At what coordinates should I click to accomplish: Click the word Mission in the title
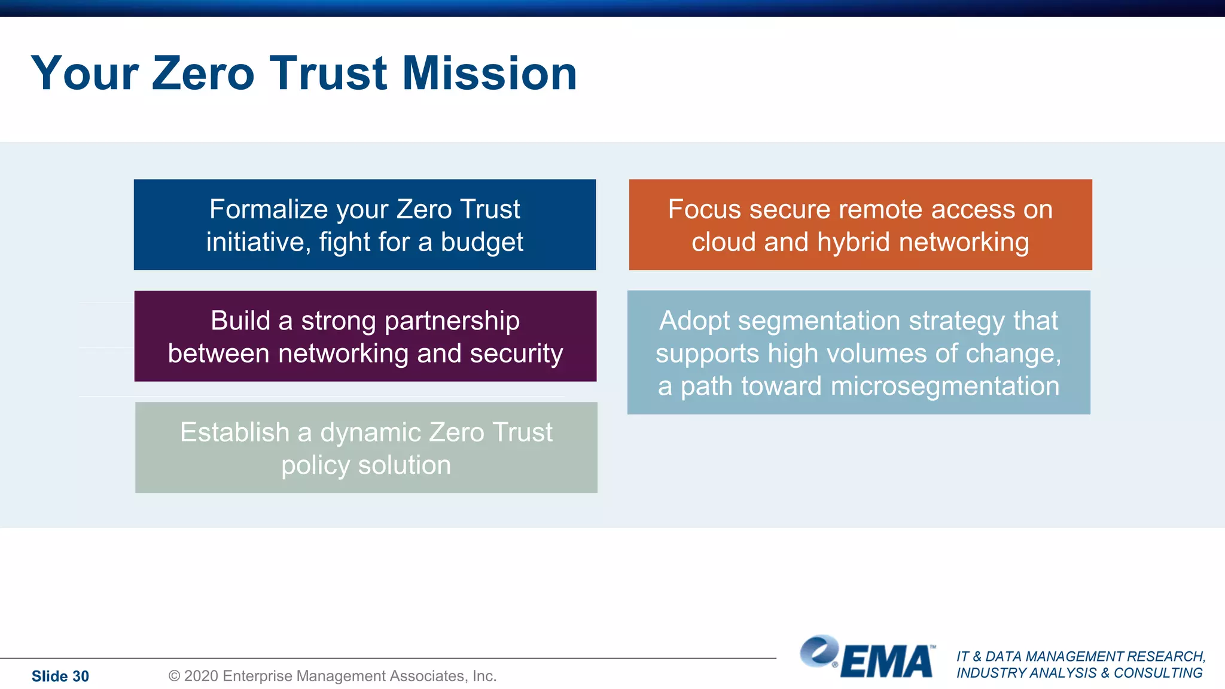(x=489, y=73)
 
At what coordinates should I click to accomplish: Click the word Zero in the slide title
(x=203, y=73)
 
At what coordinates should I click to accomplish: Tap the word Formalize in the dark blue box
(x=269, y=209)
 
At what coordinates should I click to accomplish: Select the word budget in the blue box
(x=482, y=242)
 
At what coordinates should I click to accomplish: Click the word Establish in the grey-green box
(x=234, y=432)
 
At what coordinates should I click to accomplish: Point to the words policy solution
(x=366, y=465)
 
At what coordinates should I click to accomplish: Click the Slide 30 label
(x=60, y=676)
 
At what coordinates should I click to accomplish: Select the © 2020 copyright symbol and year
(x=193, y=676)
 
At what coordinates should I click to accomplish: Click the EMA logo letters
(x=886, y=662)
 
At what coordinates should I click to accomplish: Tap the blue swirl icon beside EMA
(x=819, y=651)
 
